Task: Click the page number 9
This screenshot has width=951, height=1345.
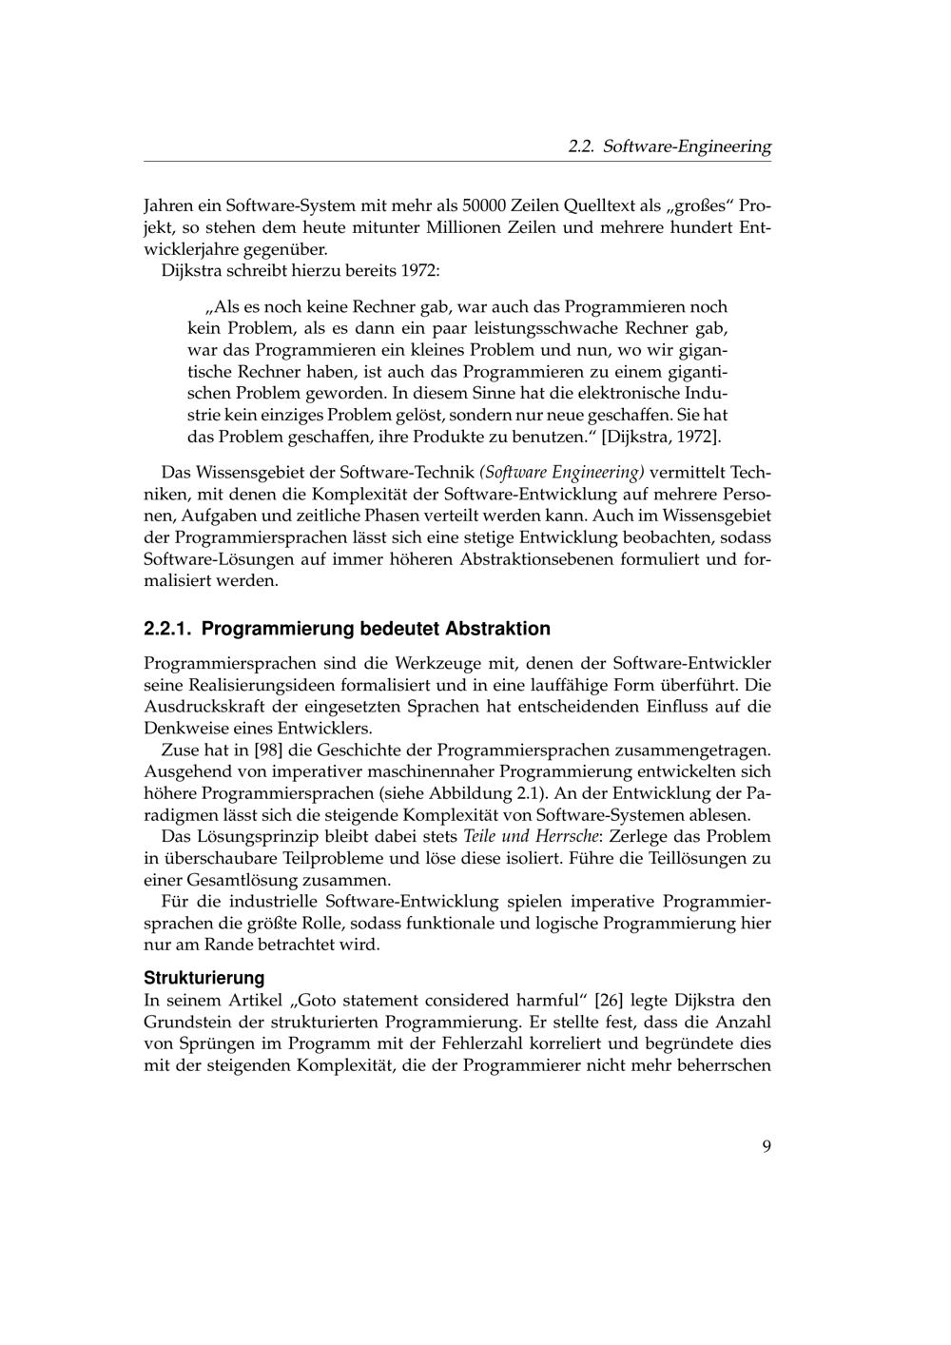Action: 766,1145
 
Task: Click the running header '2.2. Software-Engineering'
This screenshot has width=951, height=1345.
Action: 670,146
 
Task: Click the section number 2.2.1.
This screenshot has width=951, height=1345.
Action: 167,629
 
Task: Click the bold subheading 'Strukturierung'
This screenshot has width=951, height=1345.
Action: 204,978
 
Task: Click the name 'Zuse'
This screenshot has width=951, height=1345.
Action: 181,750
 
